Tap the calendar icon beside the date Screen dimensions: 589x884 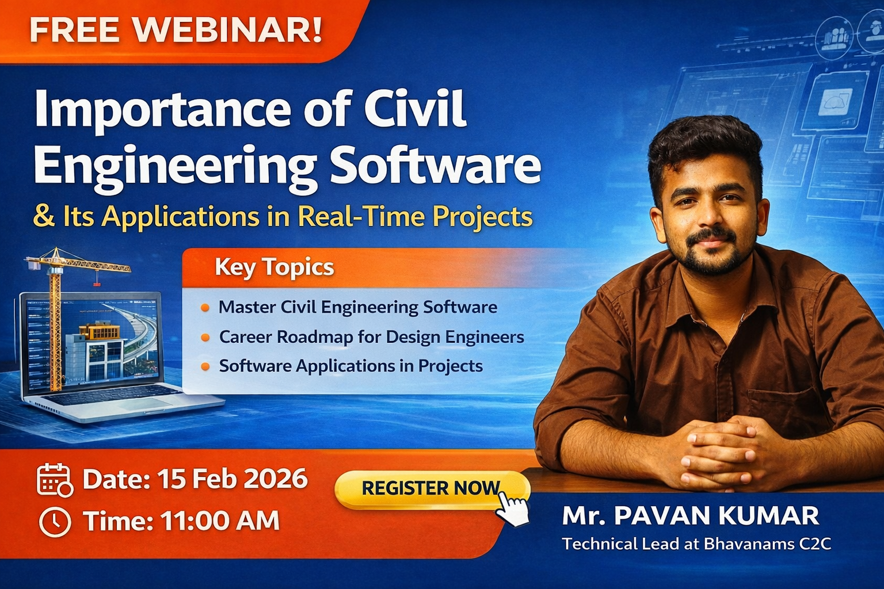pos(54,480)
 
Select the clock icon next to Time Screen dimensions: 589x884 pos(55,522)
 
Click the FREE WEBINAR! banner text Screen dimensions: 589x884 pos(176,30)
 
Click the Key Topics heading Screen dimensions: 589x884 pos(274,267)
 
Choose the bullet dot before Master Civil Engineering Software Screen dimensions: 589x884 pos(205,308)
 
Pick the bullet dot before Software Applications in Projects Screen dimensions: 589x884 pos(205,367)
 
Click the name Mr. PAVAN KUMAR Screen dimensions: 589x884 pos(690,516)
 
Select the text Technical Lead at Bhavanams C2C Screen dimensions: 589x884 pos(696,544)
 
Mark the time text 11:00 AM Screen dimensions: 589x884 pos(220,522)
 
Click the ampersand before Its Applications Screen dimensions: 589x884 pos(44,217)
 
